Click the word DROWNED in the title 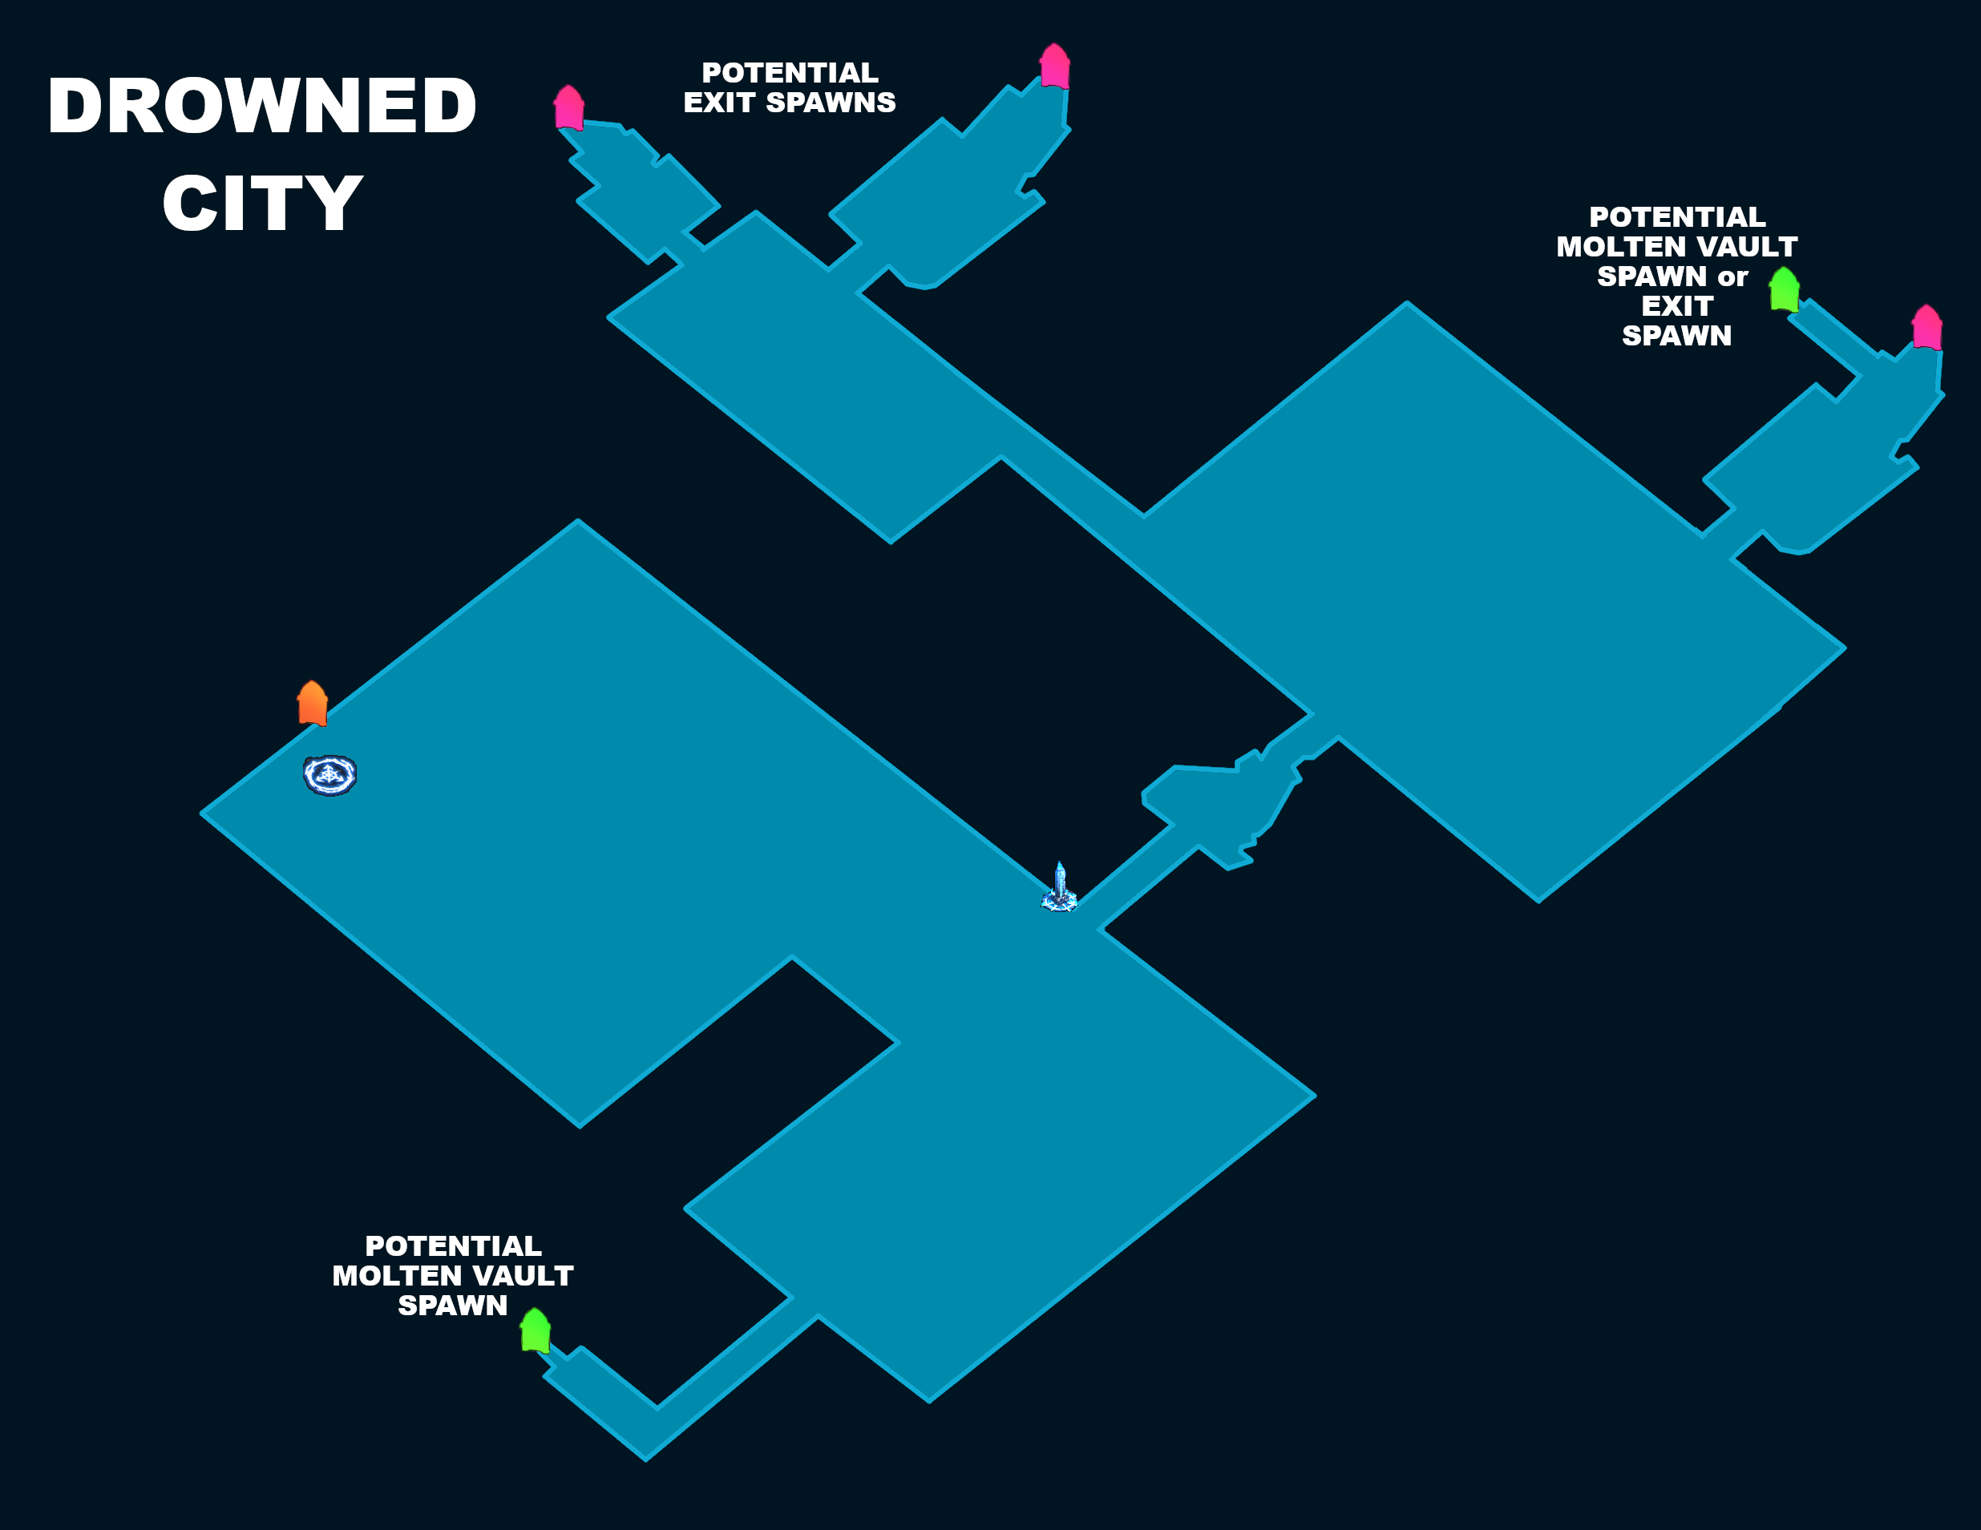262,106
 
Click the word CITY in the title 262,203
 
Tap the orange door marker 312,703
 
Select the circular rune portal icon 329,776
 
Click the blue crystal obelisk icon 1058,888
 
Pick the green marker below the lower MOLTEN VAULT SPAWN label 536,1330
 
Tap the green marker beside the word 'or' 1784,289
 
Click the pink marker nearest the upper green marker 1926,328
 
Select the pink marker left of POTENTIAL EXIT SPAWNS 568,108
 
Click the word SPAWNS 830,103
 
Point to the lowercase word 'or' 1732,276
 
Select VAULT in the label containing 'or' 1747,247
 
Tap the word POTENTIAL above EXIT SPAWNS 789,73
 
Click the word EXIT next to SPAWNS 719,103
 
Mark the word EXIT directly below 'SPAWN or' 1676,305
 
